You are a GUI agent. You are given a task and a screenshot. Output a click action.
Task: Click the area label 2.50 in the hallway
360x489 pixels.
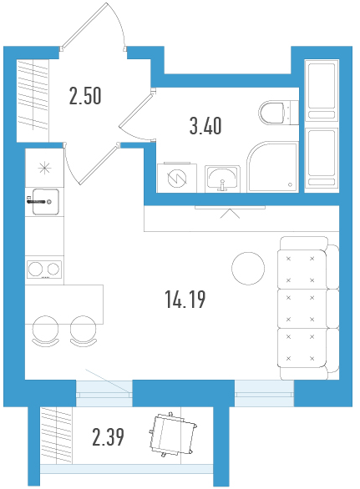(85, 96)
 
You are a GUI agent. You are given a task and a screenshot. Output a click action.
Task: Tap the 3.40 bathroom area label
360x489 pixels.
(205, 126)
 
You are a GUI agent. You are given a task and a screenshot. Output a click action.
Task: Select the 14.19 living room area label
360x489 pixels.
(185, 300)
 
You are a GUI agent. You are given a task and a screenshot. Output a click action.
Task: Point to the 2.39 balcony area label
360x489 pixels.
(108, 437)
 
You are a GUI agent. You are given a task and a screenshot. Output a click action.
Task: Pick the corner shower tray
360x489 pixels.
(273, 167)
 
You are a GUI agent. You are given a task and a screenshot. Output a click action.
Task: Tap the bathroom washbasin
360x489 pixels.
(222, 179)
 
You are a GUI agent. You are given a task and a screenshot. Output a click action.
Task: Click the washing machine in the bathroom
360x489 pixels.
(177, 178)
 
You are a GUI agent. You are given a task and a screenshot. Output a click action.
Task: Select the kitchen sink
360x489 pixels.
(46, 202)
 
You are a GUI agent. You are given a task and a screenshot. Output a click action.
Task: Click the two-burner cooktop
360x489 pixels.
(44, 270)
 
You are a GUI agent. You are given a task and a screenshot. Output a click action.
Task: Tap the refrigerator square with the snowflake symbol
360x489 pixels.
(44, 168)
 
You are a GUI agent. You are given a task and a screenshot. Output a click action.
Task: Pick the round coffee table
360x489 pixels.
(248, 269)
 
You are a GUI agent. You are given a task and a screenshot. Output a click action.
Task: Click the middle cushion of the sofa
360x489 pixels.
(302, 309)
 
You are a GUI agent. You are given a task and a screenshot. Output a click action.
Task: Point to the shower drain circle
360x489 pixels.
(290, 184)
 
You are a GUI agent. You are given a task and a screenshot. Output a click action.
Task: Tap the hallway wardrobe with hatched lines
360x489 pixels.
(33, 95)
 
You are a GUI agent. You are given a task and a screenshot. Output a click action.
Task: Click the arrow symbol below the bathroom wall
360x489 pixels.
(230, 214)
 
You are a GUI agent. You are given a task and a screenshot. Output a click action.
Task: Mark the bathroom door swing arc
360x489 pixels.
(131, 134)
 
